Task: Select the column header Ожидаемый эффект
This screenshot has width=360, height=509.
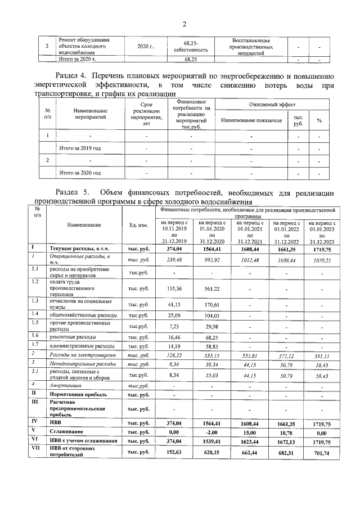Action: coord(272,105)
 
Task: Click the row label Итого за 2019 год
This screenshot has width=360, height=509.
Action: coord(80,148)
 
